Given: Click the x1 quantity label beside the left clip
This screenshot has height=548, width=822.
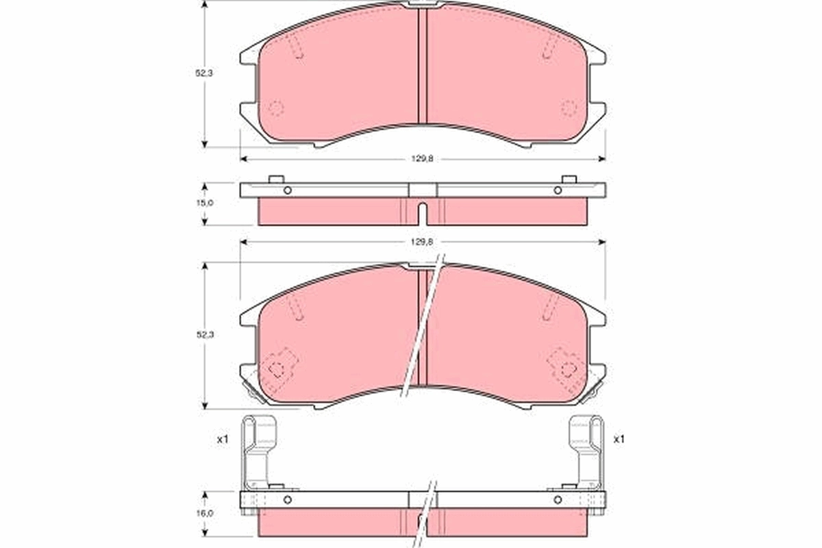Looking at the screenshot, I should pos(222,439).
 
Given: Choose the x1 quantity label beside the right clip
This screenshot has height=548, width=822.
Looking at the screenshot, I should pos(619,439).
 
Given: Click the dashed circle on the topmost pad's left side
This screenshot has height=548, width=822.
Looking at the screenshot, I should pos(275,108).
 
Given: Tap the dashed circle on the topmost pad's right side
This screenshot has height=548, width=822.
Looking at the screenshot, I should pos(569,108).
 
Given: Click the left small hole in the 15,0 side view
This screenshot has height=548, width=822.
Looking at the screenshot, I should pos(288,190).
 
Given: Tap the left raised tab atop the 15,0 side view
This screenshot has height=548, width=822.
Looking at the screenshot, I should pos(276,179).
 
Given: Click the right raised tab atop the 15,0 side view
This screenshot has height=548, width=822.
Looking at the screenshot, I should pos(569,179).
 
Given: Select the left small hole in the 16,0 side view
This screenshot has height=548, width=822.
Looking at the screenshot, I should pos(288,499).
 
